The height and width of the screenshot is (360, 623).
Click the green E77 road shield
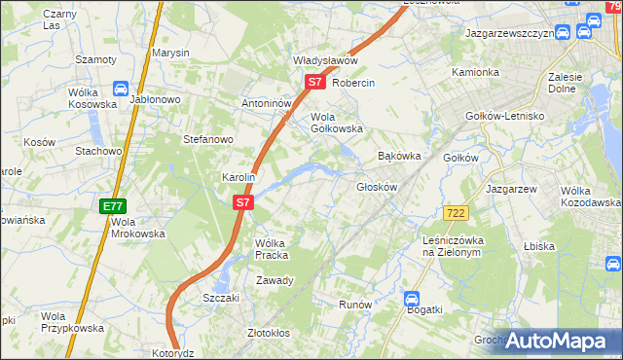(x=112, y=206)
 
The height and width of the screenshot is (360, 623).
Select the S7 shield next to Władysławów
(x=314, y=83)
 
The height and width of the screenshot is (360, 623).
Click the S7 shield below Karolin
(x=243, y=203)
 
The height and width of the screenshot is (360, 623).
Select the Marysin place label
(x=170, y=53)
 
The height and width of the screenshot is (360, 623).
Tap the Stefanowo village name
(x=208, y=139)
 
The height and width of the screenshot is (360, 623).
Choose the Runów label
(x=355, y=305)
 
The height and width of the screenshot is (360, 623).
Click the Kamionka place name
(x=476, y=73)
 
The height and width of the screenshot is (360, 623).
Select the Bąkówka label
(x=399, y=156)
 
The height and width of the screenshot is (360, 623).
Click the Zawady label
(x=275, y=280)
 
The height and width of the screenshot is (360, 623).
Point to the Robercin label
(x=353, y=84)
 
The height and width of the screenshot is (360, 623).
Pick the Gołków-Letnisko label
(x=527, y=116)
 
